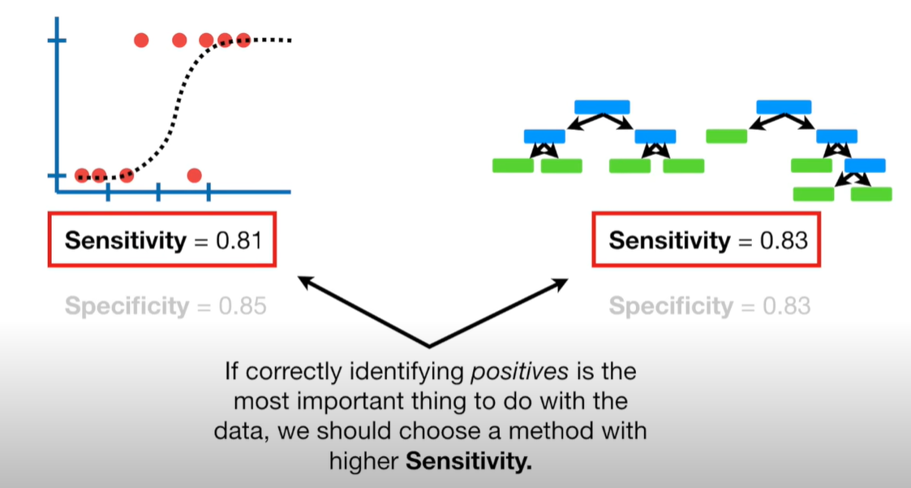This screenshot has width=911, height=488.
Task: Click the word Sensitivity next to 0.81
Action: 125,241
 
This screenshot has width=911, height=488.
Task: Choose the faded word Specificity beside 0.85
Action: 126,306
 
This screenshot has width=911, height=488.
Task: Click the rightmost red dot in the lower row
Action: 194,175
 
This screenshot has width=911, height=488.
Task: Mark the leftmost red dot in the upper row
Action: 141,40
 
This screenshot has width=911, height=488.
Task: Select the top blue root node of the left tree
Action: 602,106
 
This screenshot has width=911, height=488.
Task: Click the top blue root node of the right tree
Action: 784,106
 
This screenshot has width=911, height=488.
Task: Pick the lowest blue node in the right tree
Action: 865,166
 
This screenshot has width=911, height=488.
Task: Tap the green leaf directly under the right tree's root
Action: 726,136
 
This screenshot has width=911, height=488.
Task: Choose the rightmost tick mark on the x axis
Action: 208,192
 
